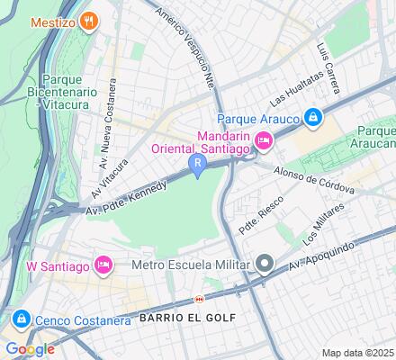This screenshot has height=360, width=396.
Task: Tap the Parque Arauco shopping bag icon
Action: (x=312, y=116)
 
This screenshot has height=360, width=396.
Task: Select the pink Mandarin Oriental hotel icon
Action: (x=264, y=139)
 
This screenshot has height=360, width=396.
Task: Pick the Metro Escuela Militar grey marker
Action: (x=265, y=265)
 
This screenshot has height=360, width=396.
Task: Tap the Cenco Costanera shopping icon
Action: (x=19, y=319)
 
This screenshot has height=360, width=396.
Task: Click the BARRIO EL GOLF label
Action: (x=186, y=318)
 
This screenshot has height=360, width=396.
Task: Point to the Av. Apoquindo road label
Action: (x=319, y=256)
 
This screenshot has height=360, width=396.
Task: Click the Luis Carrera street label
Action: (x=328, y=67)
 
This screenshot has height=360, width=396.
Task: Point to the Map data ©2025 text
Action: (x=358, y=352)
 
